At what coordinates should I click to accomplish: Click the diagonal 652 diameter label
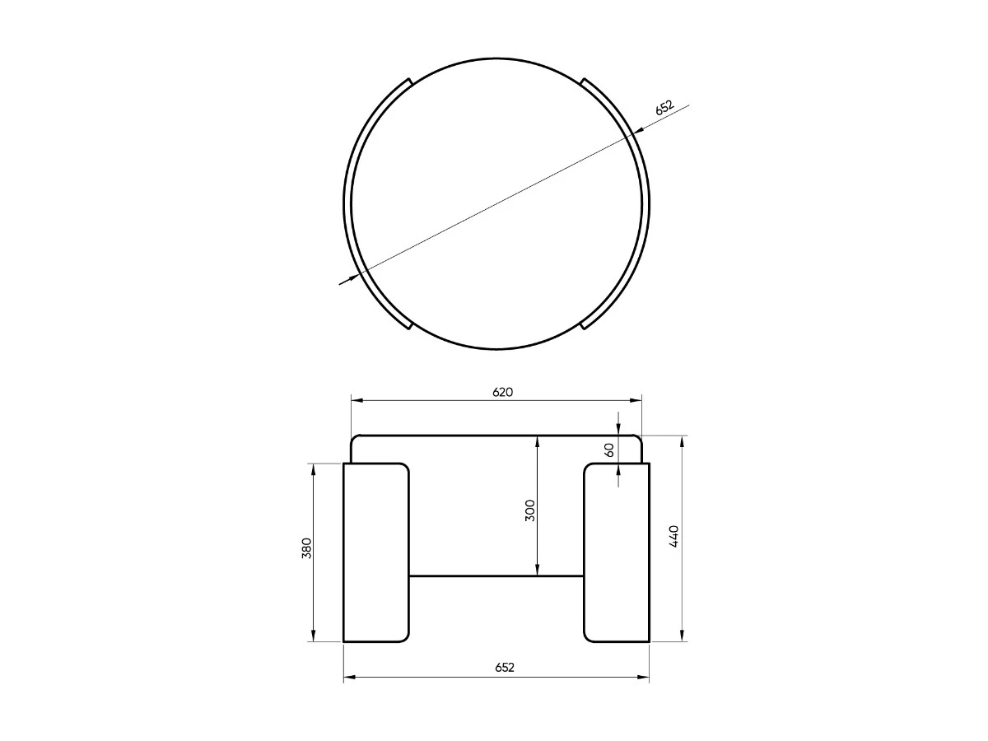click(x=664, y=108)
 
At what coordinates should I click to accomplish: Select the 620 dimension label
click(x=502, y=393)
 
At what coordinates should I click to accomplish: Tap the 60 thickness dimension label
click(x=608, y=450)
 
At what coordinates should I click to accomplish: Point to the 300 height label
click(x=530, y=510)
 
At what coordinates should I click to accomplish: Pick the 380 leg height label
click(x=306, y=548)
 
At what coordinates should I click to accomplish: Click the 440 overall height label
click(x=673, y=536)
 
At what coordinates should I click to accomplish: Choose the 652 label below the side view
click(x=504, y=668)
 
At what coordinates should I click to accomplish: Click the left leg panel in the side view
click(x=375, y=552)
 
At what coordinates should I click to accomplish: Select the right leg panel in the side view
click(x=617, y=552)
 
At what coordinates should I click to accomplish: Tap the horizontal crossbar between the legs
click(x=496, y=576)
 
